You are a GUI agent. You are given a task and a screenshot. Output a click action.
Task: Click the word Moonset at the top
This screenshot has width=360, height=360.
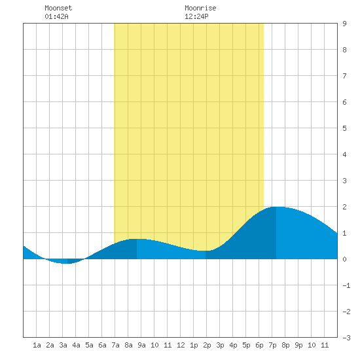(58, 8)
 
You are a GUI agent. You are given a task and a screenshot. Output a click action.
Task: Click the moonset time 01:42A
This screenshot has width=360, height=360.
(56, 16)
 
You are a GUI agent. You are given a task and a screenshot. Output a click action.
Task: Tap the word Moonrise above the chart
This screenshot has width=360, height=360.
(200, 8)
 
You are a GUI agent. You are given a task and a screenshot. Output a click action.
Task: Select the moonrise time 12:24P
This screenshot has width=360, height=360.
(196, 16)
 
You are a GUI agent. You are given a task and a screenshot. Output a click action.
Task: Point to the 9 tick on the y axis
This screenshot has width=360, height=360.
(344, 24)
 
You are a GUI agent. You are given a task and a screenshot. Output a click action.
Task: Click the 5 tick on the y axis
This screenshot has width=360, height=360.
(344, 128)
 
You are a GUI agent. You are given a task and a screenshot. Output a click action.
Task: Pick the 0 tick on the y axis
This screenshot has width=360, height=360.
(344, 259)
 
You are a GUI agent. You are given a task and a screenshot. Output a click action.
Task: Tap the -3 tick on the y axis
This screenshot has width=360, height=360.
(346, 338)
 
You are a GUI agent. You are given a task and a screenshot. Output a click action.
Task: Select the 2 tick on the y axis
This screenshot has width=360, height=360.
(344, 207)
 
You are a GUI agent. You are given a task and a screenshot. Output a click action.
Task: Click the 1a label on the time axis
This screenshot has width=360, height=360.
(37, 345)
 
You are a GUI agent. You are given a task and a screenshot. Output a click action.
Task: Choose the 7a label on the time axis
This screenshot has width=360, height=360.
(115, 345)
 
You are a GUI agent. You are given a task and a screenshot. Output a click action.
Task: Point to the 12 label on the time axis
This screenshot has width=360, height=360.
(181, 345)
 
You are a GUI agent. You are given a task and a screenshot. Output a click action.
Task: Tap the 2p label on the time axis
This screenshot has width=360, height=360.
(207, 345)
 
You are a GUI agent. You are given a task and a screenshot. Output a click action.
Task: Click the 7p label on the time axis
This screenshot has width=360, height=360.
(272, 345)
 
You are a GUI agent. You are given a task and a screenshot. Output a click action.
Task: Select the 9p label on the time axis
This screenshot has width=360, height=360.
(298, 345)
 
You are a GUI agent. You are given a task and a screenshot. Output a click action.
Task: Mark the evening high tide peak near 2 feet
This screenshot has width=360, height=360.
(276, 207)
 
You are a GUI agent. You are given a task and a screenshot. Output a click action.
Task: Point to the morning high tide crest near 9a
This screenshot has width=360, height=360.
(137, 239)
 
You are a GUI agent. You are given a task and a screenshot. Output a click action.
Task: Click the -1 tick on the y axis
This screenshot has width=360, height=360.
(346, 285)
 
